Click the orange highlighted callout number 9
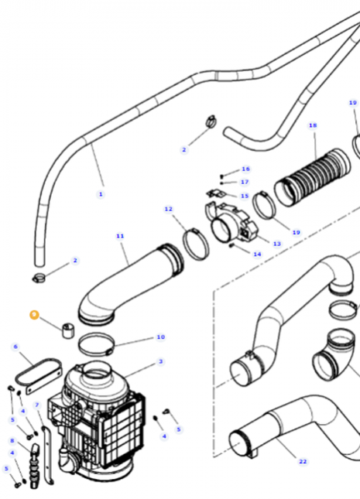tap(34, 314)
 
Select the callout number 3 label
tap(160, 361)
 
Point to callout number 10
tap(160, 337)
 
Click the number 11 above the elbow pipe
tap(119, 235)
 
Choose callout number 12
tap(168, 209)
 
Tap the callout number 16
tap(245, 169)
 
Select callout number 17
tap(245, 182)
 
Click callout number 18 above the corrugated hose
tap(313, 125)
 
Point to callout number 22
tap(303, 461)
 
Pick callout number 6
tap(15, 347)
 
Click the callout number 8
tap(12, 440)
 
